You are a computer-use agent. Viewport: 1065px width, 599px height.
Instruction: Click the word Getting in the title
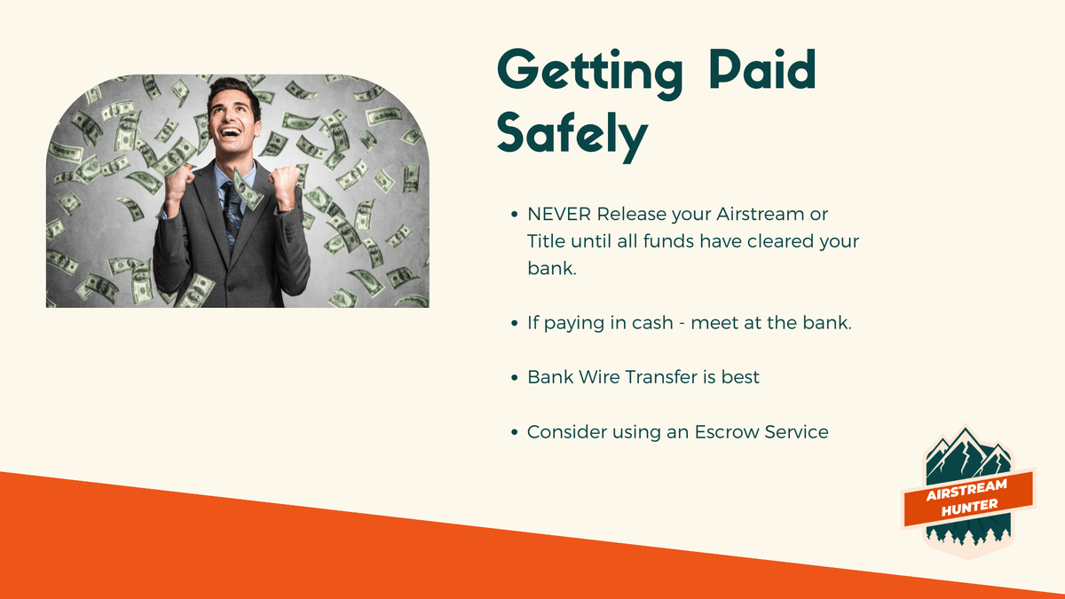[x=590, y=73]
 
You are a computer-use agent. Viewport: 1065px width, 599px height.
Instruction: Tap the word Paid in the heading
[x=762, y=70]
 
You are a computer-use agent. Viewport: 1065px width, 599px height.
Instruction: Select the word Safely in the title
[x=572, y=137]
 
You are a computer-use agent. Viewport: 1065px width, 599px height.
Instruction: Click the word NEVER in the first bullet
[x=558, y=215]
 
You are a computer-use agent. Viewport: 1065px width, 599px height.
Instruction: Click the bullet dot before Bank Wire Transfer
[x=514, y=378]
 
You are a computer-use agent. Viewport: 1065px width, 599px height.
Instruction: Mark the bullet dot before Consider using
[x=514, y=433]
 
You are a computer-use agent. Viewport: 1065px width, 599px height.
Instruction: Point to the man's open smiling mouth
[x=231, y=131]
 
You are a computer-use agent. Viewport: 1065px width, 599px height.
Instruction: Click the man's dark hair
[x=233, y=91]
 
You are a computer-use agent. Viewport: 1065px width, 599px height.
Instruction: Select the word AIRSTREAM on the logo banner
[x=966, y=490]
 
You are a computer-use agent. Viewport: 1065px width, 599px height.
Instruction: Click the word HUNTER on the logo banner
[x=970, y=508]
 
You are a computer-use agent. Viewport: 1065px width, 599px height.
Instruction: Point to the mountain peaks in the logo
[x=966, y=454]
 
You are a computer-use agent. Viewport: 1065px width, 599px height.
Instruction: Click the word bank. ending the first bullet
[x=551, y=268]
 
